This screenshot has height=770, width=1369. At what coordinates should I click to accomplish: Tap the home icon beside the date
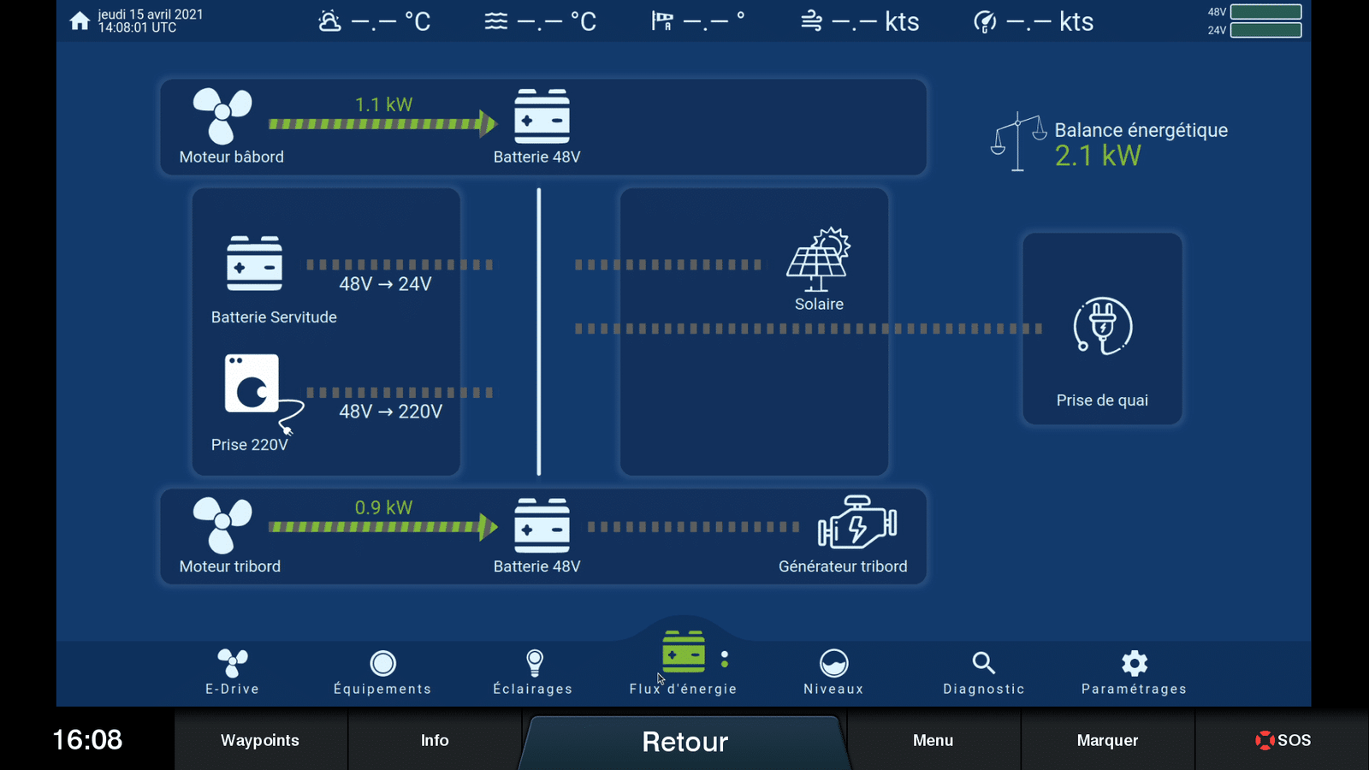[80, 21]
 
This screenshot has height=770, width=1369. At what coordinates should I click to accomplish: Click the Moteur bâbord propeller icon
[222, 115]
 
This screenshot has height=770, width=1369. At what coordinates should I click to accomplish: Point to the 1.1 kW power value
[383, 104]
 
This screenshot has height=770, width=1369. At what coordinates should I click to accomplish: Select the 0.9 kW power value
[383, 507]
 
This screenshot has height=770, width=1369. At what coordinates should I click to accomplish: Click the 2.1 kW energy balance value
[1098, 156]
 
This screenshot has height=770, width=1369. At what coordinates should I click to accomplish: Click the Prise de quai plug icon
[1103, 326]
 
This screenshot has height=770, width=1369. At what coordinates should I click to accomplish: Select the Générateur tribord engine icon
[856, 522]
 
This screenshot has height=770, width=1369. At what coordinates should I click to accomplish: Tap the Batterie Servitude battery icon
[254, 263]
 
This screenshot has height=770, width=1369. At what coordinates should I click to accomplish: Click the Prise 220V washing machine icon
[253, 384]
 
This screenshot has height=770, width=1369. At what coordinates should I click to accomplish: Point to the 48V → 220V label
[390, 412]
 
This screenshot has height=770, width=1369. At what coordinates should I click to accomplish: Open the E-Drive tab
[232, 672]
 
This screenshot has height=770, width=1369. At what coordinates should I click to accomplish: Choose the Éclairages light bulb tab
[533, 672]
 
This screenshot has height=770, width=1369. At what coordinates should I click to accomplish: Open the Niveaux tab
[833, 672]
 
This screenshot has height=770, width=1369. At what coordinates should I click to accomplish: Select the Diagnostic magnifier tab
[983, 672]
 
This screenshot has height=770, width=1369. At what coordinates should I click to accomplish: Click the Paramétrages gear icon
[1135, 663]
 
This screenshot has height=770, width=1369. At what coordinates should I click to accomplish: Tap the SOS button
[1283, 740]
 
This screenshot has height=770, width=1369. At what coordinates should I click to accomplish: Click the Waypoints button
[260, 740]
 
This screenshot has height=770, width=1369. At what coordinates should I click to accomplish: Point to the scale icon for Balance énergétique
[1017, 142]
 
